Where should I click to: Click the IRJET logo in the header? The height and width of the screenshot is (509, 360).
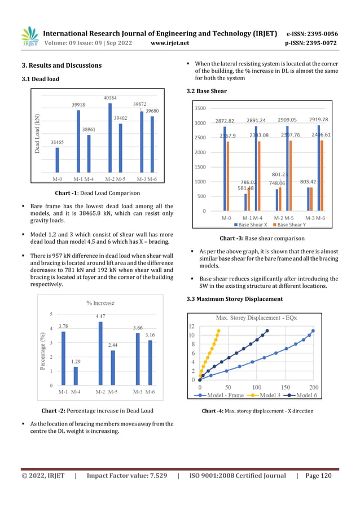(x=30, y=37)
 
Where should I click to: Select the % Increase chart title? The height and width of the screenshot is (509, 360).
(x=100, y=303)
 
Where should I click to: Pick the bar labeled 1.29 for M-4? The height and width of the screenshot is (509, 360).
(x=76, y=376)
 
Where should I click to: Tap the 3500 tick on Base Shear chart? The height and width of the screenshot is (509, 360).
(x=200, y=108)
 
